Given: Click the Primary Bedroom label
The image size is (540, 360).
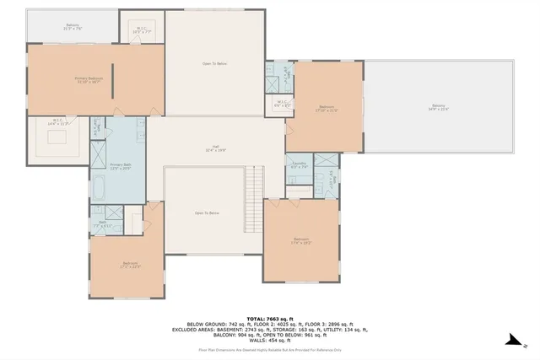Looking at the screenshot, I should pyautogui.click(x=76, y=80).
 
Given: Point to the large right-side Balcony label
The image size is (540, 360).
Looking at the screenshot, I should pyautogui.click(x=439, y=106).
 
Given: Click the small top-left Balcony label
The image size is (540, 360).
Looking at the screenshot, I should pyautogui.click(x=73, y=26).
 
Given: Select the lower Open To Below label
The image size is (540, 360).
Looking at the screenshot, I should pyautogui.click(x=208, y=213).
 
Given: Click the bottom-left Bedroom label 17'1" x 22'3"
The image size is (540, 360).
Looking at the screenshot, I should pyautogui.click(x=129, y=265).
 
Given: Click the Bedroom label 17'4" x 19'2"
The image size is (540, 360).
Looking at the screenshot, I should pyautogui.click(x=301, y=240).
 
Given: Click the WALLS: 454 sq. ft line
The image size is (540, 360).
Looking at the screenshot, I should pyautogui.click(x=269, y=338).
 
